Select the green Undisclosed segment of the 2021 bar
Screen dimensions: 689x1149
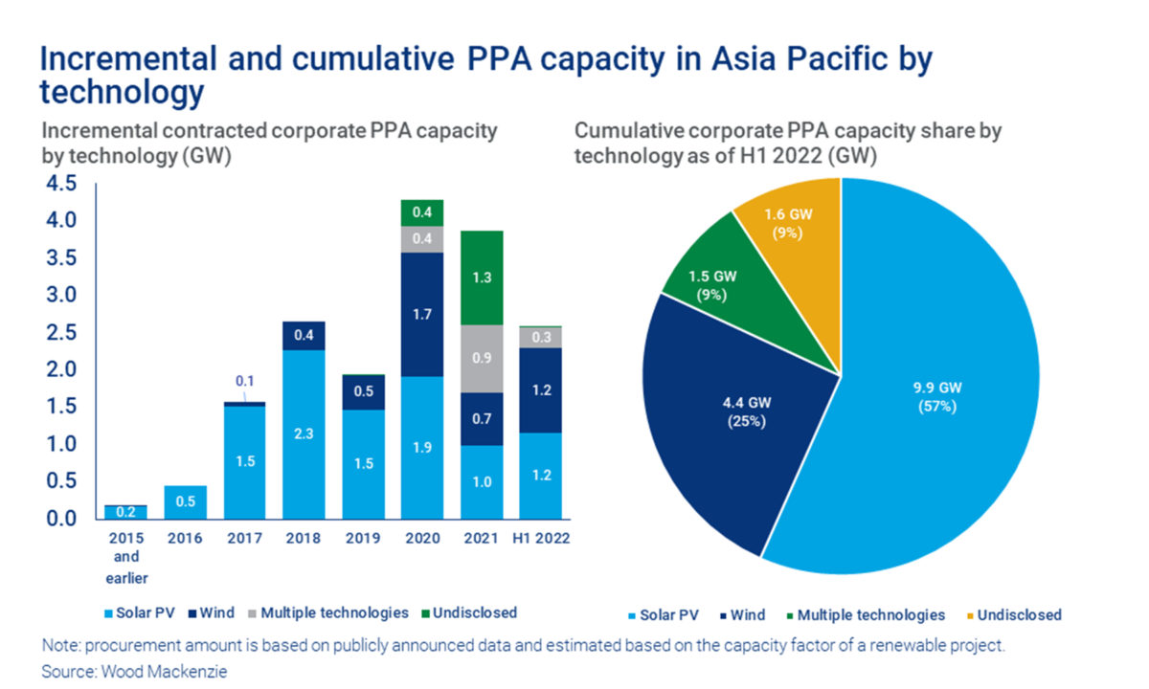[482, 278]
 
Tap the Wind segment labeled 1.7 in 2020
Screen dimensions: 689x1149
[422, 314]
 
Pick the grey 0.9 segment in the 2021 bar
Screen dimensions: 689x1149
[482, 359]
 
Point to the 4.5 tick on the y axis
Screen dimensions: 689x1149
[60, 185]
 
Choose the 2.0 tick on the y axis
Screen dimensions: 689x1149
[60, 370]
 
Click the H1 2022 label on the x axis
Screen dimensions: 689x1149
[542, 539]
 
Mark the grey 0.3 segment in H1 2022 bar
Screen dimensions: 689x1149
[542, 337]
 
